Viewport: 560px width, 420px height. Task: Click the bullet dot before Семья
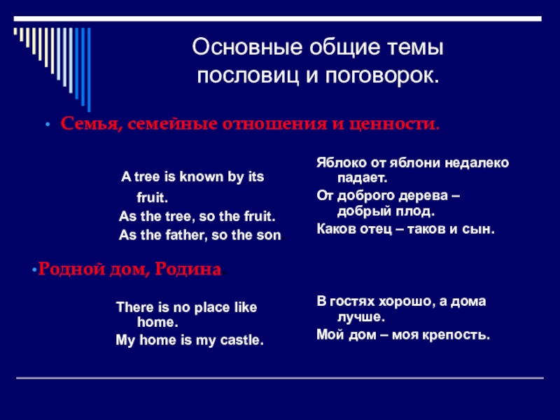pyautogui.click(x=48, y=125)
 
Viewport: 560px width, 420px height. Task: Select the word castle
pyautogui.click(x=244, y=340)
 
